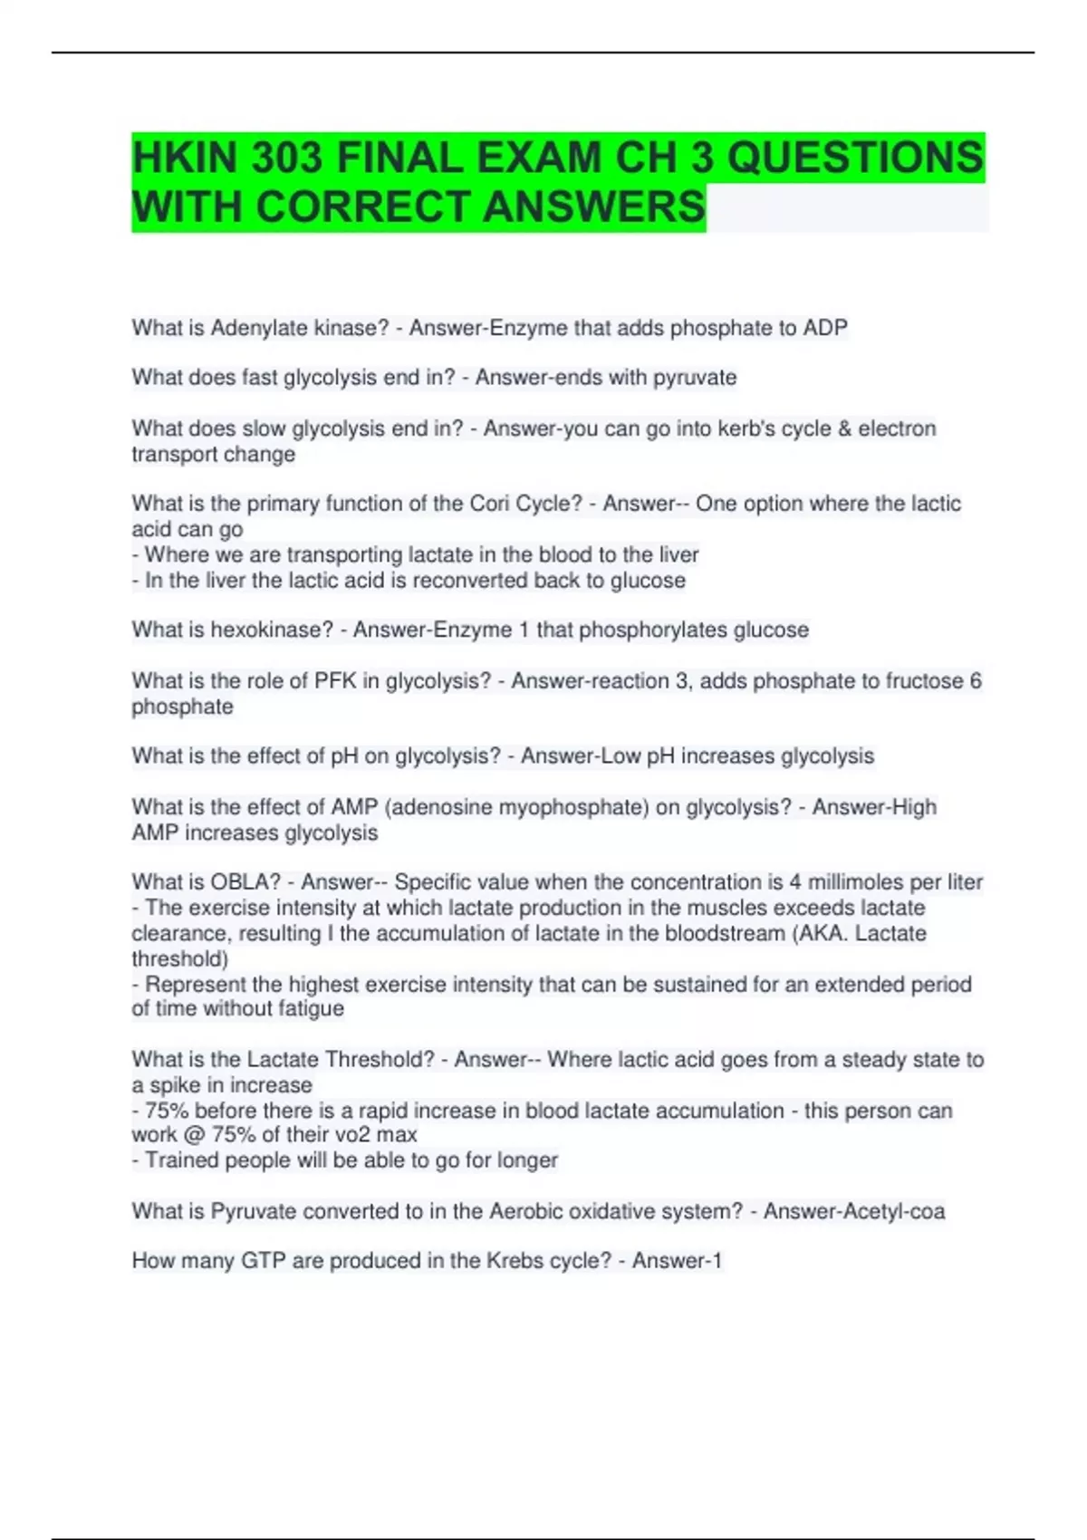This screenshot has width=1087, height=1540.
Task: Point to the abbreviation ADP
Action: (825, 328)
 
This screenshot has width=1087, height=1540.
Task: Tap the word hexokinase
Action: (272, 630)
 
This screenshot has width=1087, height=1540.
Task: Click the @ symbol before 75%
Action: (194, 1135)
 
